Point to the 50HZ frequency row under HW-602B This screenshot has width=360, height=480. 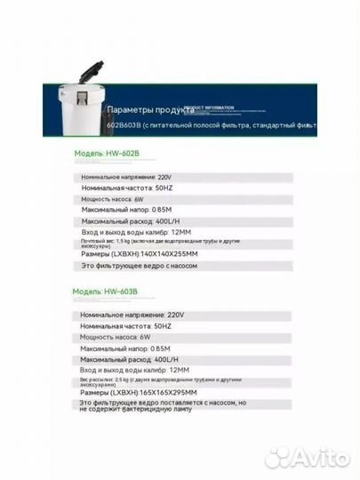126,188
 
